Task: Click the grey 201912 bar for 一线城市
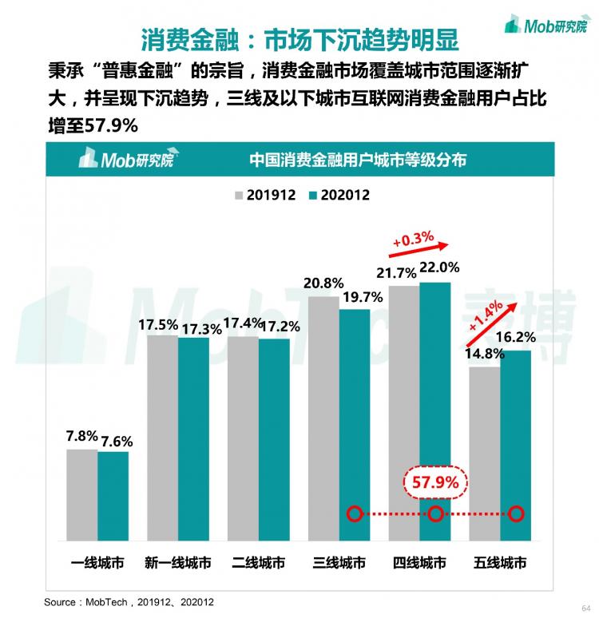click(x=82, y=494)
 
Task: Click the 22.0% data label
click(x=438, y=267)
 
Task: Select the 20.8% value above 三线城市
click(x=323, y=283)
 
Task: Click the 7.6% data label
click(x=113, y=441)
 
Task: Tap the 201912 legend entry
click(x=264, y=195)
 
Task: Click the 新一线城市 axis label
click(x=178, y=563)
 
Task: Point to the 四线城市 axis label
click(x=419, y=563)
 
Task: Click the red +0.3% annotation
click(x=413, y=237)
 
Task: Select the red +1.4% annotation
click(x=486, y=316)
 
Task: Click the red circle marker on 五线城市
click(x=517, y=513)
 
